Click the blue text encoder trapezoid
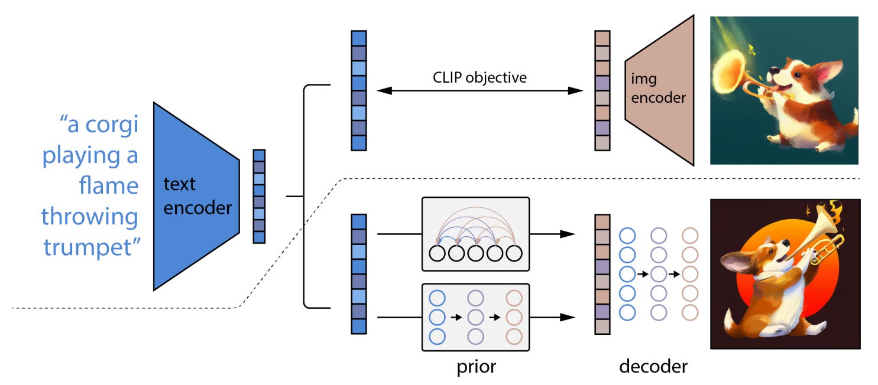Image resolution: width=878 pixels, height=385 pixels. click(x=196, y=197)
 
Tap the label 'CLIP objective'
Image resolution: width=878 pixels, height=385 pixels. click(x=480, y=77)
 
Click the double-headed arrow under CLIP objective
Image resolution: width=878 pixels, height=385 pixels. click(x=480, y=91)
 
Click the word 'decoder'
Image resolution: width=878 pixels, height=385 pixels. click(x=653, y=367)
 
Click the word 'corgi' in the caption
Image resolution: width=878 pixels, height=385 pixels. click(x=112, y=125)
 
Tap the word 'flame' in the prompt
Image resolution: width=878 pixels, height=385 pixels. click(x=109, y=185)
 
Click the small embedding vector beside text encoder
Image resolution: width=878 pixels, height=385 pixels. click(x=259, y=196)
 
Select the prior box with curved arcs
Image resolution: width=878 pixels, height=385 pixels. click(x=475, y=234)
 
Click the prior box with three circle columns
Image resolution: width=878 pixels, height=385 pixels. click(x=475, y=317)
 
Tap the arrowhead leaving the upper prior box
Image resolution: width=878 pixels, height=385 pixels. click(x=568, y=234)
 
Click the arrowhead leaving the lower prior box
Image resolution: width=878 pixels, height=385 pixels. click(x=568, y=317)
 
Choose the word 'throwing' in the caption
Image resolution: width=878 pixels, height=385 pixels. click(x=90, y=216)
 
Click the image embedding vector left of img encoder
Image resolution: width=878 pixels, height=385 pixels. click(x=602, y=90)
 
